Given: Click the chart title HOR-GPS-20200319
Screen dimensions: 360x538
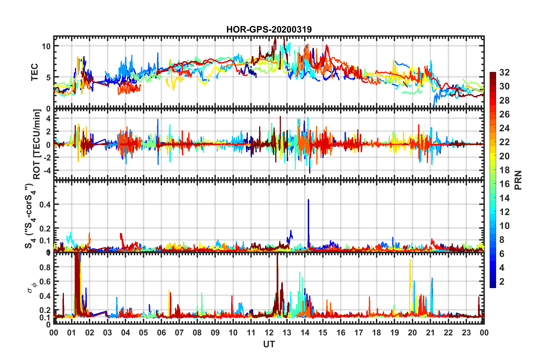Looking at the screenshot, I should pos(269,29).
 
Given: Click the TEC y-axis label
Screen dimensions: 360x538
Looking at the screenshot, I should pos(34,72).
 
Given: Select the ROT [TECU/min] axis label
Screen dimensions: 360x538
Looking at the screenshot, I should pos(37,144).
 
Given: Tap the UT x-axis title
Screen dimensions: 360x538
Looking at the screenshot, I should pos(269,344).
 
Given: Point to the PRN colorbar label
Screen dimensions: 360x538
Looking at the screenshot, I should pos(518,180).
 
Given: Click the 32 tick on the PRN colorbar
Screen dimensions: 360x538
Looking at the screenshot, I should pos(504,72).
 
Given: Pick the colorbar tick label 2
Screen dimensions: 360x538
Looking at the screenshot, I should pos(502,281).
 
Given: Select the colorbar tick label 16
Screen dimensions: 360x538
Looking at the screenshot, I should pos(504,184).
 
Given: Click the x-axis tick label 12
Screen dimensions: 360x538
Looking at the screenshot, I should pos(269,333).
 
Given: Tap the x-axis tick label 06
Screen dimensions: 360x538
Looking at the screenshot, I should pos(161,333).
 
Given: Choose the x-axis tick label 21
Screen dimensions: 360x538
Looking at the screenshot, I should pos(430,333).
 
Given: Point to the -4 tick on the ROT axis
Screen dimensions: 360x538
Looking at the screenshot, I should pos(47,170).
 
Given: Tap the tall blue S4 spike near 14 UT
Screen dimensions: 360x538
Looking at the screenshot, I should pos(308,215).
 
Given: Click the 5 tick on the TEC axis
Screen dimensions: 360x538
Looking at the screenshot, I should pos(48,77).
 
